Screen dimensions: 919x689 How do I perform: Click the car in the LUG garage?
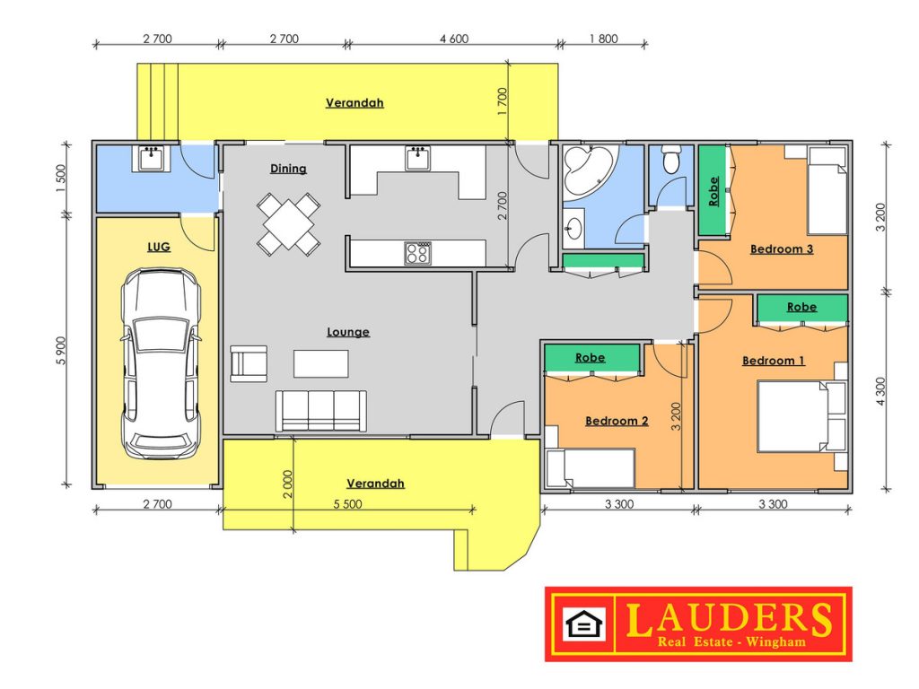(x=161, y=363)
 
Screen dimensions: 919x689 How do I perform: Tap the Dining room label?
(x=288, y=169)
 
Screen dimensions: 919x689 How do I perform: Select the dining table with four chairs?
(x=288, y=223)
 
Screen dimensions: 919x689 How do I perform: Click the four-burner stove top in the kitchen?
(x=417, y=253)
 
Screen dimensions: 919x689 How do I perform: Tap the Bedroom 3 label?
(x=782, y=249)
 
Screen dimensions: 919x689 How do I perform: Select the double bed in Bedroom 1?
(x=801, y=416)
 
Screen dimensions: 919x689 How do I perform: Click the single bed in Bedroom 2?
(x=591, y=468)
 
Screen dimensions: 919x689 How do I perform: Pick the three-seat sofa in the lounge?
(x=321, y=411)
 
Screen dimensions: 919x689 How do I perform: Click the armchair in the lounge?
(x=249, y=364)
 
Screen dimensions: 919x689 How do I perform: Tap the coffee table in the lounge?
(x=321, y=363)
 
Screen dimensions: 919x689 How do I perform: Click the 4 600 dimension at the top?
(x=454, y=39)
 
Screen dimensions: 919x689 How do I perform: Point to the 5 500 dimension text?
(x=347, y=504)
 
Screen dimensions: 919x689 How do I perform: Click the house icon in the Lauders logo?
(x=583, y=624)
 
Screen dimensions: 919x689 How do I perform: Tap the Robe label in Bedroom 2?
(x=591, y=357)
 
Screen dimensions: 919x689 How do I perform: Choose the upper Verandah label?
(x=354, y=103)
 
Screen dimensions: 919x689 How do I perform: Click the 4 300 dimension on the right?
(x=881, y=392)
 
